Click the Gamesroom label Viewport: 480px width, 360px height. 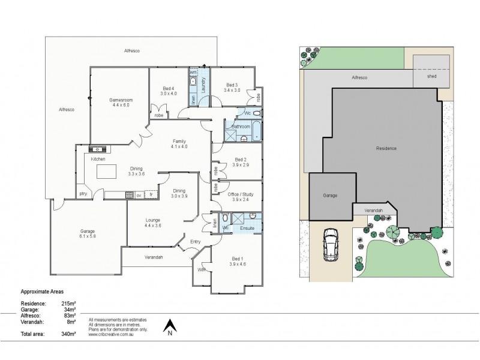click(120, 99)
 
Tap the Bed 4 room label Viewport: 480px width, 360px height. click(169, 88)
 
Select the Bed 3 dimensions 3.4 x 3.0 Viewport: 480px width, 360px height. click(232, 90)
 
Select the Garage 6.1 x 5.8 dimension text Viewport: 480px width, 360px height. click(88, 236)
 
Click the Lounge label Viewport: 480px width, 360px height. click(152, 220)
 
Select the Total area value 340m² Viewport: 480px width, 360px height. click(68, 333)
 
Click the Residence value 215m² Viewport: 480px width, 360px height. click(68, 304)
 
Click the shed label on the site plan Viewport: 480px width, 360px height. click(431, 77)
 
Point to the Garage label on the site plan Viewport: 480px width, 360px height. click(329, 196)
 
